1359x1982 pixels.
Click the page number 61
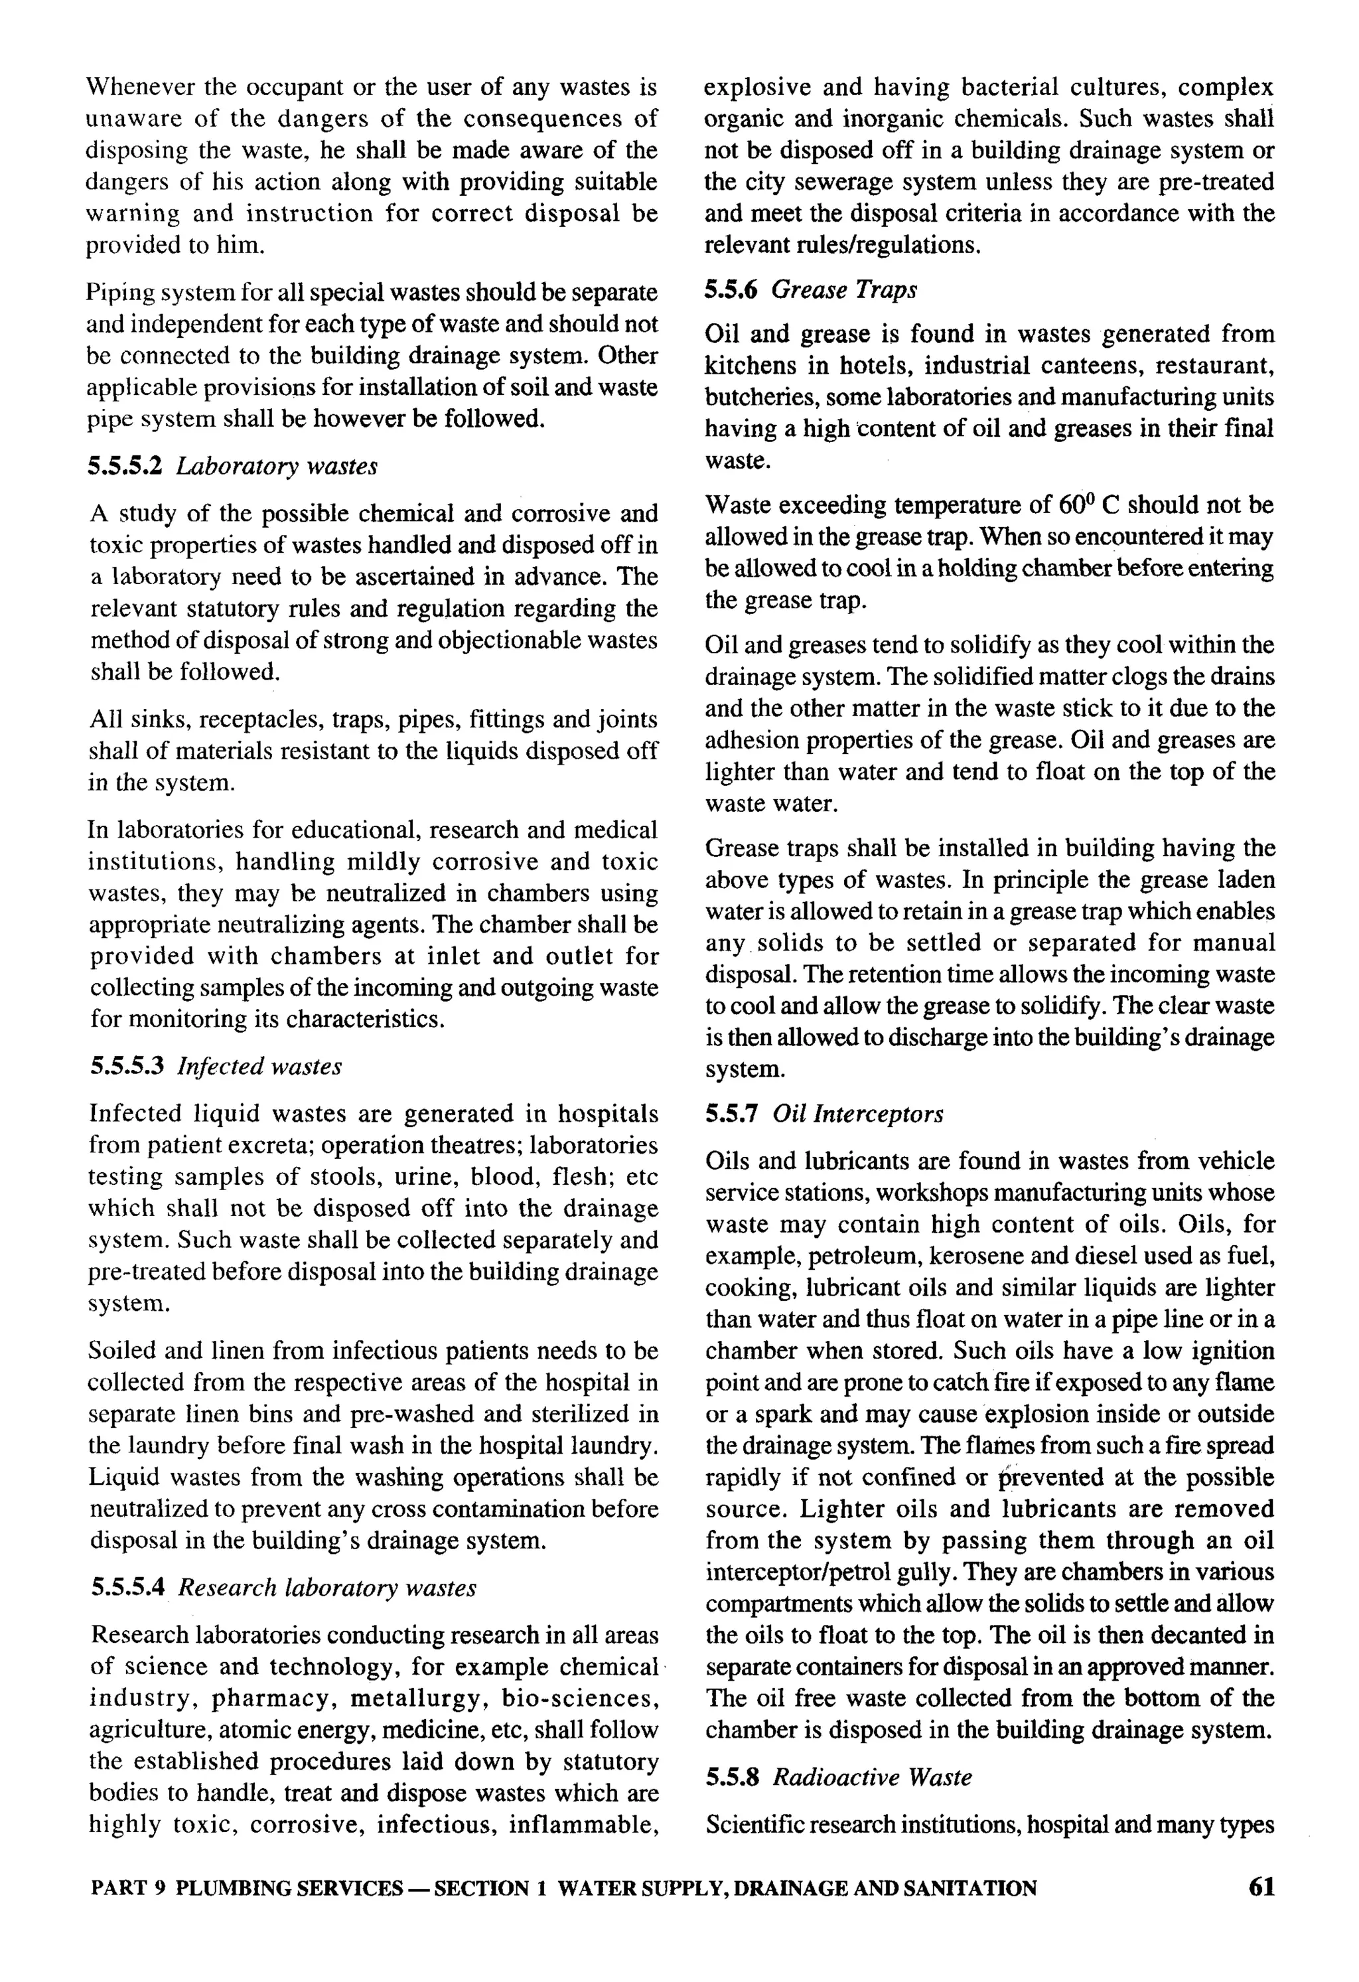pos(1261,1887)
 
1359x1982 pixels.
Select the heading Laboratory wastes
pos(277,467)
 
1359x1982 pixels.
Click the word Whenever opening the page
pos(140,87)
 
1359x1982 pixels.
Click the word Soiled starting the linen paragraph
pos(125,1351)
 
